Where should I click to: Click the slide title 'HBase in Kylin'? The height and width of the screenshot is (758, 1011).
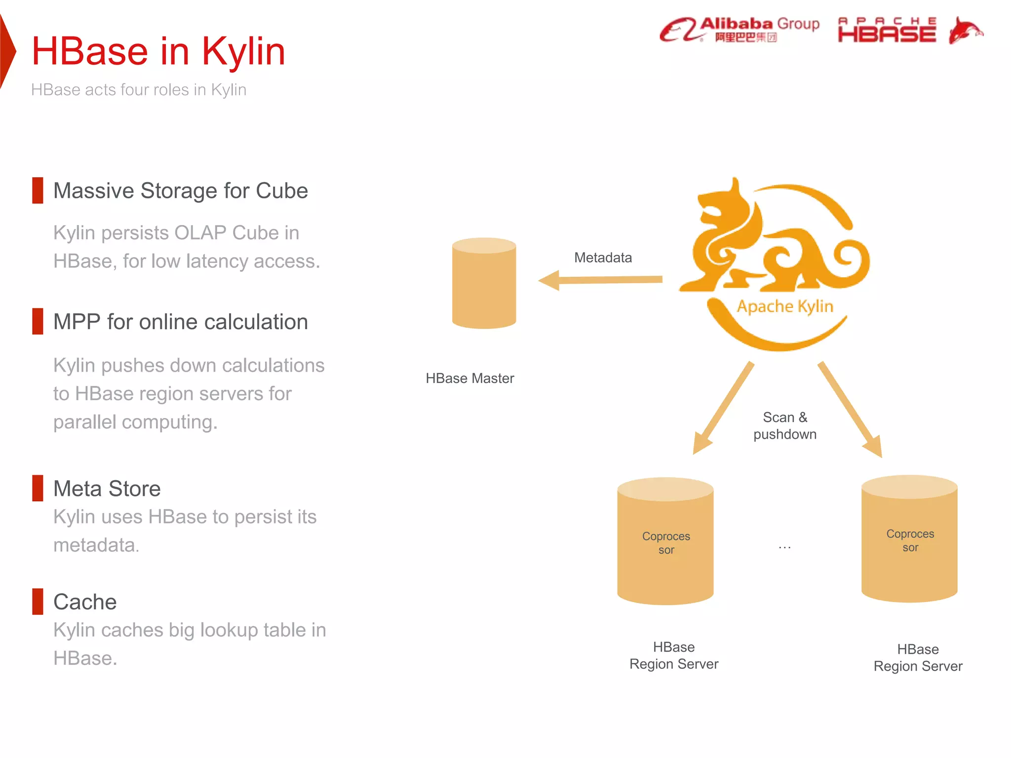[x=158, y=51]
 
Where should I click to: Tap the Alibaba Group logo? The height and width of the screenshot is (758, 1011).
[x=739, y=30]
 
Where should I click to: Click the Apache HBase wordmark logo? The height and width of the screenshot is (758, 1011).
[x=887, y=31]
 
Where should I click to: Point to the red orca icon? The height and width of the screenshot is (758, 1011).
[x=965, y=31]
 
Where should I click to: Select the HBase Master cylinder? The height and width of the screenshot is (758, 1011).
[x=484, y=284]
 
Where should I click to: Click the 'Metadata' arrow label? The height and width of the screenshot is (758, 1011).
[x=603, y=258]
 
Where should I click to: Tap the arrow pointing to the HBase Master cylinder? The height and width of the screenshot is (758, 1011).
[x=600, y=280]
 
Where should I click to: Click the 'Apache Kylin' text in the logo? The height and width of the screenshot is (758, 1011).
[x=785, y=306]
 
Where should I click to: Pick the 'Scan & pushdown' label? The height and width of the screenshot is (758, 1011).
[x=785, y=426]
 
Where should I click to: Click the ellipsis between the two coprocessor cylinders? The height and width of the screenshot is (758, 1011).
[x=785, y=547]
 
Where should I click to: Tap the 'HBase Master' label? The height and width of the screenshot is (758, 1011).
[x=470, y=379]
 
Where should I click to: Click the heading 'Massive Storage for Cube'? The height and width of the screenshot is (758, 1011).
[x=181, y=191]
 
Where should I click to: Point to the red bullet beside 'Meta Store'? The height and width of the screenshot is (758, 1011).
[x=38, y=488]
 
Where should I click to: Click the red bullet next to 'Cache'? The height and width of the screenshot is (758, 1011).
[x=38, y=601]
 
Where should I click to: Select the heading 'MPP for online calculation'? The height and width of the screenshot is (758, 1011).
[x=181, y=322]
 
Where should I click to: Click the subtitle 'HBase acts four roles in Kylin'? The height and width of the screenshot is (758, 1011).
[x=139, y=90]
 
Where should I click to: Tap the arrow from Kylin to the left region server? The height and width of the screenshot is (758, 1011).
[x=723, y=408]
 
